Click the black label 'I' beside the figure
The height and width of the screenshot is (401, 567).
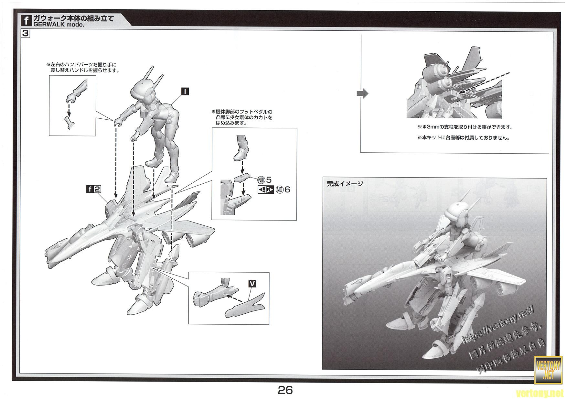(185, 92)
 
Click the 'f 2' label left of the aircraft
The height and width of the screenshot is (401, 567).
(93, 189)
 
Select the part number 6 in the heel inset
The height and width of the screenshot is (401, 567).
(286, 190)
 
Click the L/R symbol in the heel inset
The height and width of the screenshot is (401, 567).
(266, 190)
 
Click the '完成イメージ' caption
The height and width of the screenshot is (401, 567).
(345, 184)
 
